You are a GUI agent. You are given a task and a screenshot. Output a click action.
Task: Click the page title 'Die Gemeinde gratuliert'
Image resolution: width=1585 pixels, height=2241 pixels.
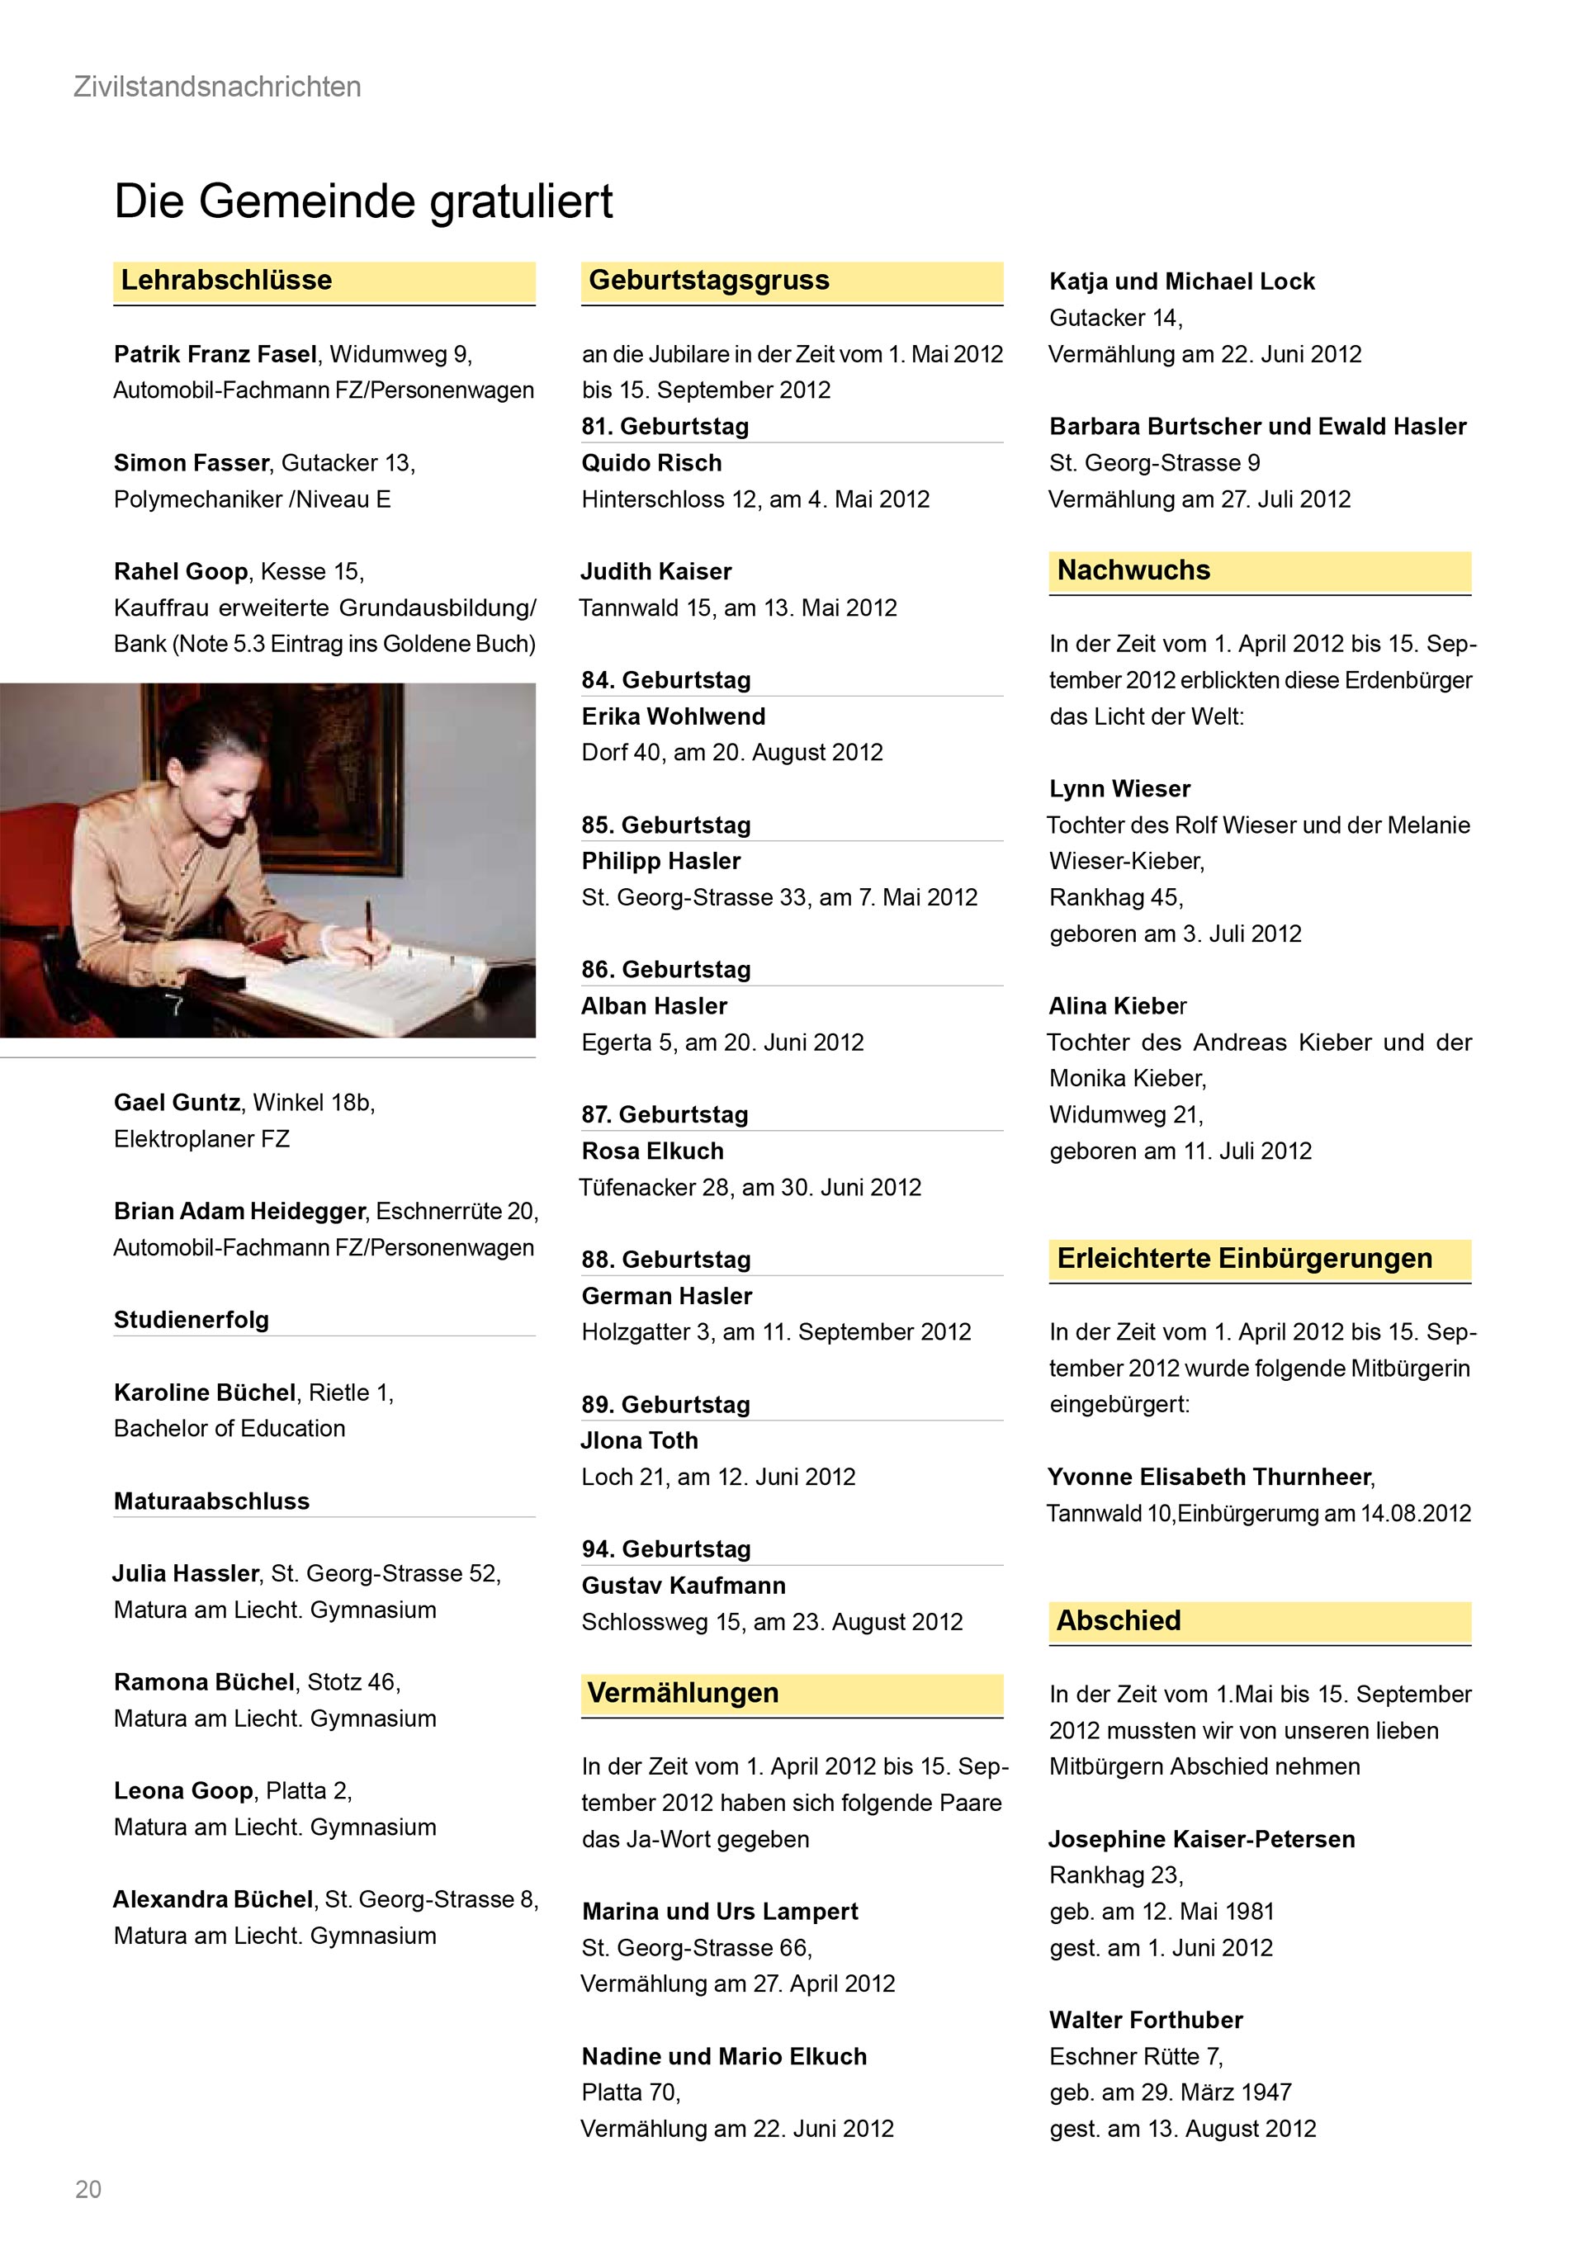pos(363,201)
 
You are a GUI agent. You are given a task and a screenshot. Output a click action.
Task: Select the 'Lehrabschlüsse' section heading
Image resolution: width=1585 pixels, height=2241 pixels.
pos(226,281)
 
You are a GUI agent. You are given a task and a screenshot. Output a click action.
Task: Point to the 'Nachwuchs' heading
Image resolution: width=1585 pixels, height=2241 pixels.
pos(1133,571)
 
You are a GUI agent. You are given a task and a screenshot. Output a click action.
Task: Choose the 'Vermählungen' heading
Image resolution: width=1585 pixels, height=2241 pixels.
pos(684,1694)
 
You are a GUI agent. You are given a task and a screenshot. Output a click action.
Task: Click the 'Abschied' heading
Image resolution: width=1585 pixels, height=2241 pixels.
pos(1119,1621)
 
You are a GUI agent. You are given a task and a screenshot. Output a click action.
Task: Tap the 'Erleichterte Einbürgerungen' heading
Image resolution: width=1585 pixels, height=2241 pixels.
pos(1244,1259)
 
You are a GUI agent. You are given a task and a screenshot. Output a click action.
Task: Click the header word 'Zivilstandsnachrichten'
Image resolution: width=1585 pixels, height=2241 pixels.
pos(218,87)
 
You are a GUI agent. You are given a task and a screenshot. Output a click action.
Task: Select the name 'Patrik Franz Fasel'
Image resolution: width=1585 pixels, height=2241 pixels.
pos(215,354)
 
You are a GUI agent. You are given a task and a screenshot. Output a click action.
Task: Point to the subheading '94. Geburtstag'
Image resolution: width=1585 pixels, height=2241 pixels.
pos(665,1550)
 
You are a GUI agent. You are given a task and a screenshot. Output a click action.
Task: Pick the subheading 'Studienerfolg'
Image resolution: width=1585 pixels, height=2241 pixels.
pos(192,1321)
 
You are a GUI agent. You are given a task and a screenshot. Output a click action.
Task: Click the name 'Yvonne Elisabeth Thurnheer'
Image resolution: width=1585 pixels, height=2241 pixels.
pos(1210,1477)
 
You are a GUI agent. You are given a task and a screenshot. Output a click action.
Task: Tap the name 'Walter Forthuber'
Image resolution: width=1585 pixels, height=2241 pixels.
pos(1146,2021)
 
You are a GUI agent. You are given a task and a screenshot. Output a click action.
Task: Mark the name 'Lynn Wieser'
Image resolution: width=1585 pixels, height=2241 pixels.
pos(1119,788)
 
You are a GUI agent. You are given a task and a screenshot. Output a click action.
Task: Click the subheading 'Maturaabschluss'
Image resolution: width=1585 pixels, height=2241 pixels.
pos(211,1501)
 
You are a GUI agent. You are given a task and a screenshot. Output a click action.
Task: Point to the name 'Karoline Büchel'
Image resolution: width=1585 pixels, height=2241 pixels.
pos(204,1392)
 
